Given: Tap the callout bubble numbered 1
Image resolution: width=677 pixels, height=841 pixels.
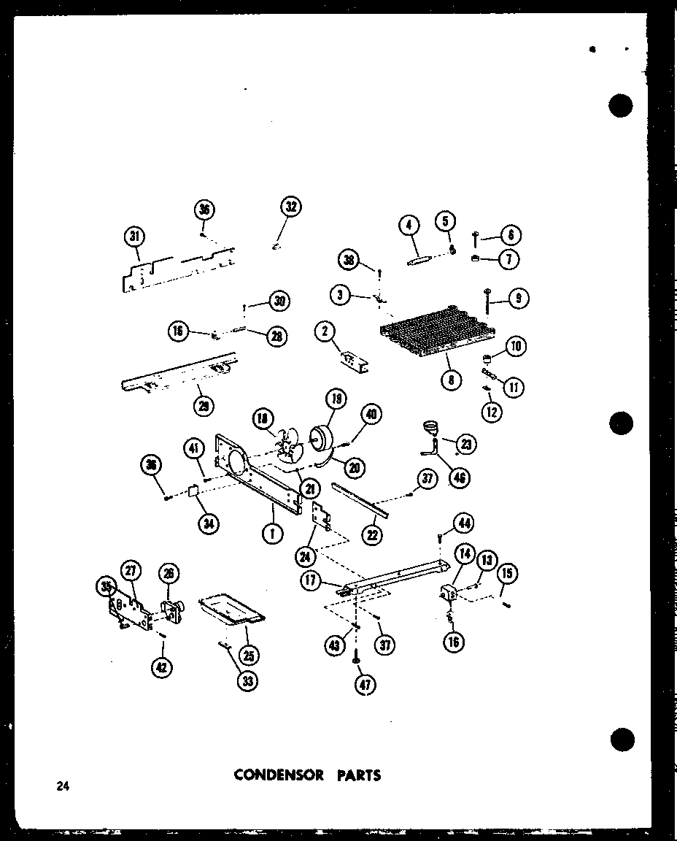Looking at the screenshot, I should tap(272, 534).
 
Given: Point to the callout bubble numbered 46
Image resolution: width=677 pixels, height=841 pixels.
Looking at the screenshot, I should tap(460, 477).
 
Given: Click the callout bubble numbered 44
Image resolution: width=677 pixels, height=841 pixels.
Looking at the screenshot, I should tap(463, 522).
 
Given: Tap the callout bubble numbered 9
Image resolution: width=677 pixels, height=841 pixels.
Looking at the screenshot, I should tap(519, 298).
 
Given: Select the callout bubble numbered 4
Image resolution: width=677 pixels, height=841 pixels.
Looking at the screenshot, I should tap(410, 226).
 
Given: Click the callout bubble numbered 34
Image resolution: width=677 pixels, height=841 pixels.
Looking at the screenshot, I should tap(211, 523).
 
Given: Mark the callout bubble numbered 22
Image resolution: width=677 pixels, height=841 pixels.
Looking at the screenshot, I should tap(373, 534).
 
